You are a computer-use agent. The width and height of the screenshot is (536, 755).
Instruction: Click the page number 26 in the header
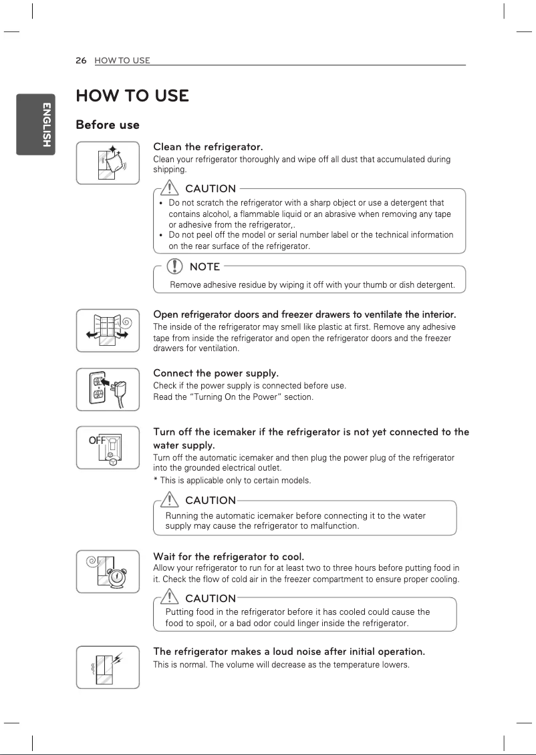coord(82,60)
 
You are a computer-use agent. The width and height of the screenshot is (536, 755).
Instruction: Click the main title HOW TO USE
coord(132,95)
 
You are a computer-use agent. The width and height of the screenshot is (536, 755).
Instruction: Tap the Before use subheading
coord(108,125)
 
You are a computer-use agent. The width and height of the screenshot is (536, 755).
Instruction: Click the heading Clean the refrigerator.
coord(208,147)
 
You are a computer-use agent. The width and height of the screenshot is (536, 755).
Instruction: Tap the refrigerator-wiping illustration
coord(108,162)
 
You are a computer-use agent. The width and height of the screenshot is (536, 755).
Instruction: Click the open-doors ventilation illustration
coord(108,330)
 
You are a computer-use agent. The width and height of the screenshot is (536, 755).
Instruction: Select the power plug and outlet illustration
coord(108,389)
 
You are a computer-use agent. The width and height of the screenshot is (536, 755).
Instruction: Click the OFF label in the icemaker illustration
coord(98,441)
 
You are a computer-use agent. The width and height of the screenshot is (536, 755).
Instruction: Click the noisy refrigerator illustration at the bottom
coord(108,667)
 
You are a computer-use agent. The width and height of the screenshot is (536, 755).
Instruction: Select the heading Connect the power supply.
coord(216,372)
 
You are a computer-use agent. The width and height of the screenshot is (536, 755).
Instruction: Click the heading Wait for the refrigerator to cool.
coord(229,556)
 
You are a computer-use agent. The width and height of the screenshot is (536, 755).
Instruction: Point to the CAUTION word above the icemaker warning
coord(210,500)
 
